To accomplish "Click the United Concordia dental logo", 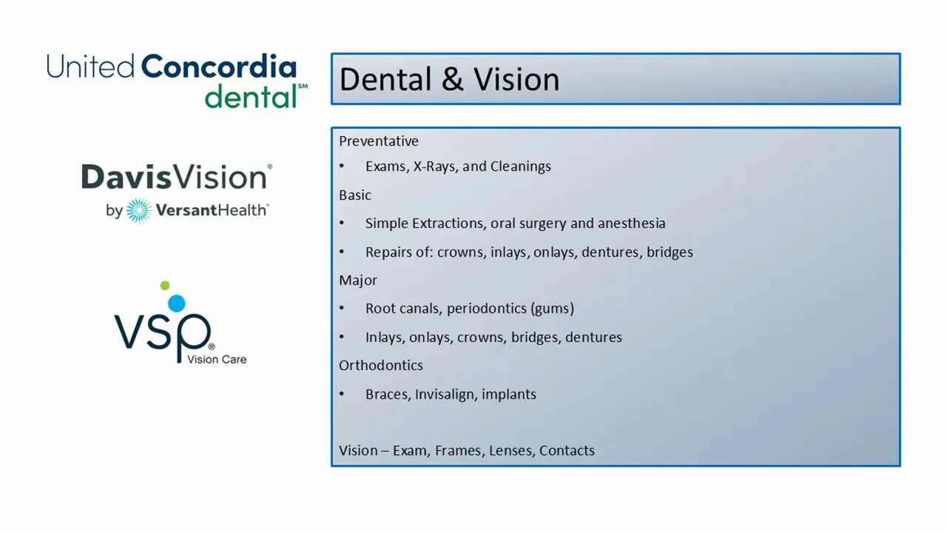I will (176, 80).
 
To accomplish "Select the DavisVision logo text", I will (176, 177).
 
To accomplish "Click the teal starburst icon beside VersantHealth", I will (138, 211).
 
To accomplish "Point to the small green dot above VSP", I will (165, 286).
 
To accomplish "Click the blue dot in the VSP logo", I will (176, 303).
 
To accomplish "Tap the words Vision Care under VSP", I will (217, 360).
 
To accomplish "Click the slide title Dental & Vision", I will (449, 79).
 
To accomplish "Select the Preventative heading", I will (378, 141).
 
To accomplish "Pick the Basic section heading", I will (355, 195).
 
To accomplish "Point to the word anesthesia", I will (631, 224).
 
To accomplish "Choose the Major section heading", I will (358, 280).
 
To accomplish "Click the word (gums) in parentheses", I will (552, 309).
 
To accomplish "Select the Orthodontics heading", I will (381, 366).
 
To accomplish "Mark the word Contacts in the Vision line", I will (567, 451).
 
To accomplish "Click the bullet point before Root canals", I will (342, 309).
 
